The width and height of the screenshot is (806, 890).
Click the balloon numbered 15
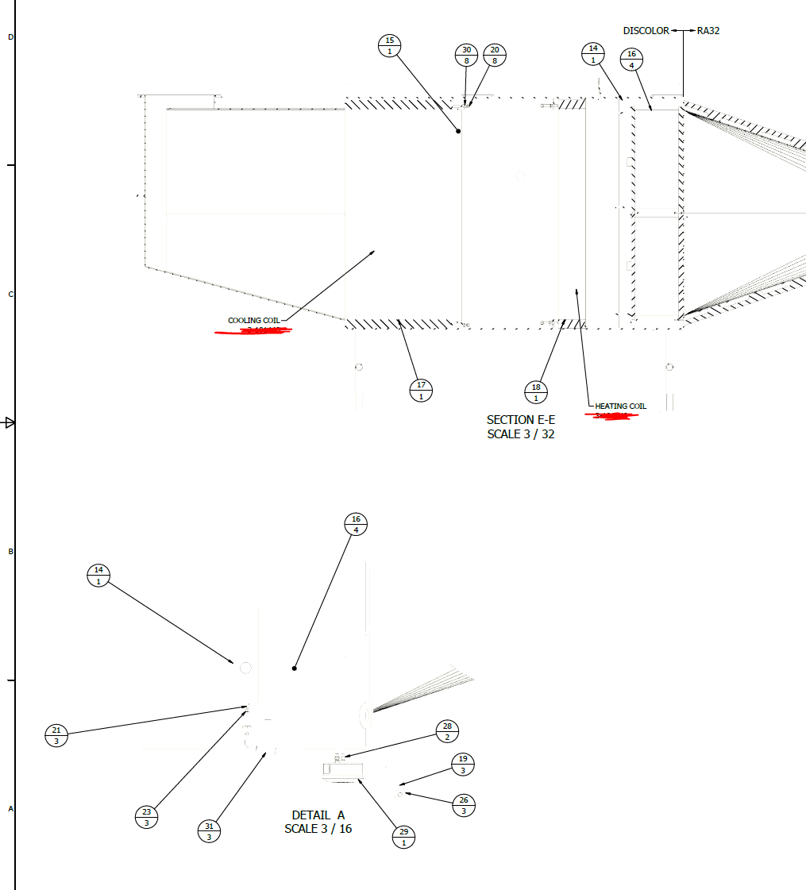click(x=389, y=46)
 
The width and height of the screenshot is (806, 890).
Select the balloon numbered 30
click(x=466, y=55)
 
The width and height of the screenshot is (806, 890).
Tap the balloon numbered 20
click(x=495, y=55)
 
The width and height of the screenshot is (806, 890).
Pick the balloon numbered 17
click(x=421, y=391)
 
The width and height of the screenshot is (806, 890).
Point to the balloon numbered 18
click(x=536, y=392)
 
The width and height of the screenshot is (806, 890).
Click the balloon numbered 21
click(x=56, y=735)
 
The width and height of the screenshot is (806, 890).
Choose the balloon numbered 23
click(x=147, y=817)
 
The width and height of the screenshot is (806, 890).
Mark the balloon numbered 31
click(x=209, y=831)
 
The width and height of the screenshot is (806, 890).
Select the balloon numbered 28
click(x=447, y=731)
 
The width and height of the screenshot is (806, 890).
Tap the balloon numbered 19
click(x=463, y=764)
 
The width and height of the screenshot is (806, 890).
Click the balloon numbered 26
click(x=464, y=805)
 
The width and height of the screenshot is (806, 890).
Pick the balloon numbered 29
click(x=404, y=837)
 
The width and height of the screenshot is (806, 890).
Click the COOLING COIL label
click(x=253, y=321)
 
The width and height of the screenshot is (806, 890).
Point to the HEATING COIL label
click(x=620, y=406)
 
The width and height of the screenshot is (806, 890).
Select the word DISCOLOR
click(x=646, y=31)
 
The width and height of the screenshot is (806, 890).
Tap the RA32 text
click(x=708, y=31)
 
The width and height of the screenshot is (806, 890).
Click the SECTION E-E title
click(x=520, y=419)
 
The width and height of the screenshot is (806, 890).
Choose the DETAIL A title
click(x=318, y=815)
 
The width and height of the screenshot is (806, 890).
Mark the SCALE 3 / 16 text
click(x=318, y=829)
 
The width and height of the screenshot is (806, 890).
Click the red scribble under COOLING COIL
click(x=253, y=330)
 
